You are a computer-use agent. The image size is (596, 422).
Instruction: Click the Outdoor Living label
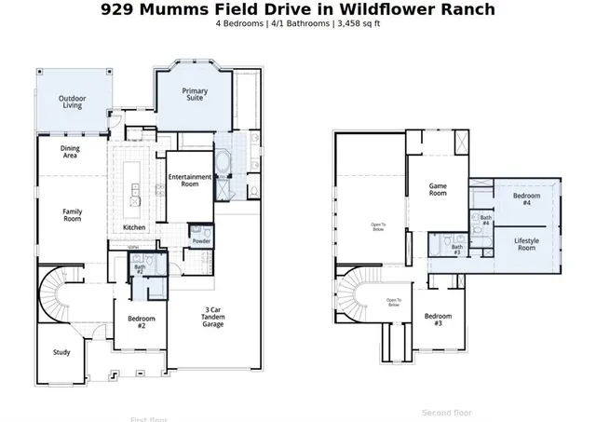pyautogui.click(x=72, y=102)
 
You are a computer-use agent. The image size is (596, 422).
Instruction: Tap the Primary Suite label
pyautogui.click(x=195, y=95)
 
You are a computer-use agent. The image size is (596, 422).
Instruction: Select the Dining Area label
pyautogui.click(x=70, y=152)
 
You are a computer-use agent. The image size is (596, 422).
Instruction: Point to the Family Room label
pyautogui.click(x=72, y=215)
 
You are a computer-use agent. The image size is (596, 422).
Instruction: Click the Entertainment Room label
pyautogui.click(x=189, y=181)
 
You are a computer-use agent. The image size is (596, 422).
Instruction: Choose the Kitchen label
pyautogui.click(x=134, y=227)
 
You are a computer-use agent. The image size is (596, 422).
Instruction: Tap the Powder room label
pyautogui.click(x=200, y=241)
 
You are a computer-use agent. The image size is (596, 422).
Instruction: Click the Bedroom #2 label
pyautogui.click(x=141, y=322)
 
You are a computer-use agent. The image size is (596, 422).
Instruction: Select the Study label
pyautogui.click(x=61, y=352)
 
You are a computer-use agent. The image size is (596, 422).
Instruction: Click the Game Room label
pyautogui.click(x=438, y=189)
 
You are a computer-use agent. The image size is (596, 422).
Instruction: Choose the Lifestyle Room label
pyautogui.click(x=526, y=244)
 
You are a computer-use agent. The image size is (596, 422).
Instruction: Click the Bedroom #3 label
pyautogui.click(x=439, y=320)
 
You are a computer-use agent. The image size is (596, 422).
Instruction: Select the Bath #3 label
pyautogui.click(x=456, y=250)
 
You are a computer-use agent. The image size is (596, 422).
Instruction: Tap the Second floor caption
pyautogui.click(x=446, y=412)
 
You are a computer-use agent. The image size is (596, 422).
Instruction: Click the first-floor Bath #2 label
pyautogui.click(x=139, y=269)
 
